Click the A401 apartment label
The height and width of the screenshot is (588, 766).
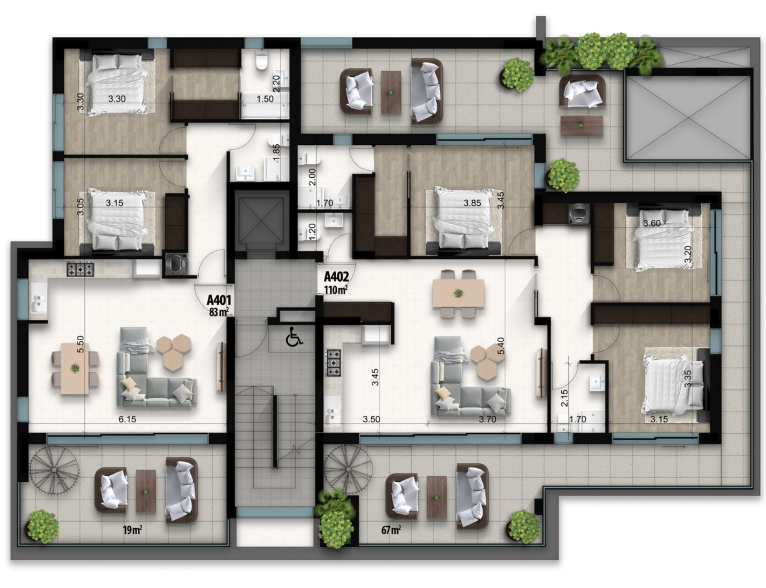pyautogui.click(x=219, y=300)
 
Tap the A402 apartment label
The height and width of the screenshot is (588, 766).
pyautogui.click(x=336, y=276)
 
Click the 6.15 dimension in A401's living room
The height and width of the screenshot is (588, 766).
pyautogui.click(x=127, y=419)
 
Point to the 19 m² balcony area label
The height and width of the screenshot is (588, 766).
pyautogui.click(x=133, y=530)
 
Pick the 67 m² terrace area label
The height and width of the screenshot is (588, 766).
pyautogui.click(x=391, y=530)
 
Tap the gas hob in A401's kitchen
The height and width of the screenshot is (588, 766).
pyautogui.click(x=81, y=269)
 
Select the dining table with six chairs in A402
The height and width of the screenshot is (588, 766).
pyautogui.click(x=458, y=293)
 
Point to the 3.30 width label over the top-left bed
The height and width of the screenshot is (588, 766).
pyautogui.click(x=117, y=99)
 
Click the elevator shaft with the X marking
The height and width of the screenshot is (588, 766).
pyautogui.click(x=262, y=221)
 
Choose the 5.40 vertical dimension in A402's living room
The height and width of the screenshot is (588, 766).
pyautogui.click(x=501, y=346)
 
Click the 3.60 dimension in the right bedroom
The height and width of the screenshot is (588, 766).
pyautogui.click(x=652, y=223)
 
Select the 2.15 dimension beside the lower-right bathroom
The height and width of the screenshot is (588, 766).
pyautogui.click(x=564, y=398)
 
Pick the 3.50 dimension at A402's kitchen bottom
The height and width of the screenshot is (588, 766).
pyautogui.click(x=371, y=419)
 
